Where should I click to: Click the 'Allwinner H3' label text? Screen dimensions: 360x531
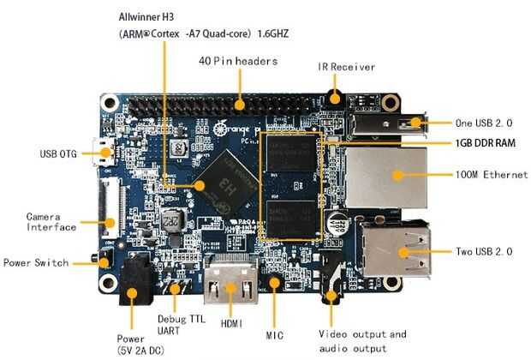tap(152, 16)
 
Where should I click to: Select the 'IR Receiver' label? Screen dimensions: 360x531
tap(346, 67)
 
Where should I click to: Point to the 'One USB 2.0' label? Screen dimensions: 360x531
tap(486, 122)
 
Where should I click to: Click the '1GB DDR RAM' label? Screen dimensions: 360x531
tap(486, 142)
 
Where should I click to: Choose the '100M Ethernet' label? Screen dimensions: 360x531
tap(492, 175)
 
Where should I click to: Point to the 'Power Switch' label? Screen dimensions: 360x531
tap(36, 262)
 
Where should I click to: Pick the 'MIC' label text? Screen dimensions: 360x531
tap(275, 334)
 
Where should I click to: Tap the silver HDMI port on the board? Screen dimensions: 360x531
tap(230, 282)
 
